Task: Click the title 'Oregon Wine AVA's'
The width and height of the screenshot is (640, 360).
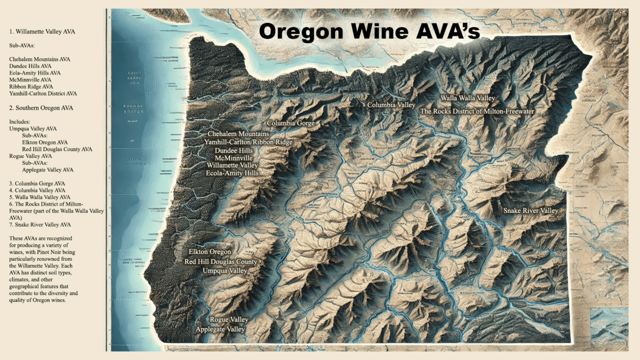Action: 370,30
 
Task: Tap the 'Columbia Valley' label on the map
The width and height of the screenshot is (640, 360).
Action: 391,105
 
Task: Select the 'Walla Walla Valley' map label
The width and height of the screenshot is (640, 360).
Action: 467,99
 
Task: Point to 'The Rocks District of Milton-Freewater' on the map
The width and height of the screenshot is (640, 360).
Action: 477,111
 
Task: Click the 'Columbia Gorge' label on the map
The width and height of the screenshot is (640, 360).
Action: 291,123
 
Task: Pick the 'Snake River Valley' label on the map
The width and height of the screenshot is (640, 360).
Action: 531,211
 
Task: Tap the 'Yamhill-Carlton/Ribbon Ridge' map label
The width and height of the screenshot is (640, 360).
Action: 248,142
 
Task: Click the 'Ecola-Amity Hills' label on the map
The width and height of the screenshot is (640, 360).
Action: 233,173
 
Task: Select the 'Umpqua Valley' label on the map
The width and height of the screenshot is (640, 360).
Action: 225,271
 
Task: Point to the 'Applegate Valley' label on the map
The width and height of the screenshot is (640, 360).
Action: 220,330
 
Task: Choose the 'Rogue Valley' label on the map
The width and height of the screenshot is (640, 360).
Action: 229,319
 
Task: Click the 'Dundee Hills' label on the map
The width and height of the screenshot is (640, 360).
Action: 234,151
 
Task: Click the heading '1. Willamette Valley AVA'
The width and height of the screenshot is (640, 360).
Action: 42,32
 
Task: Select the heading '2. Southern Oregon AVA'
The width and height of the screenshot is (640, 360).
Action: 41,108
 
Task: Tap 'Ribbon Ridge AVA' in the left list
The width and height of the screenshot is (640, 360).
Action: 31,86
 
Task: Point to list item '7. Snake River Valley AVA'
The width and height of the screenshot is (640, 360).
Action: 39,225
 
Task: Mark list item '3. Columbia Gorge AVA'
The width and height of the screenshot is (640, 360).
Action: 37,183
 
